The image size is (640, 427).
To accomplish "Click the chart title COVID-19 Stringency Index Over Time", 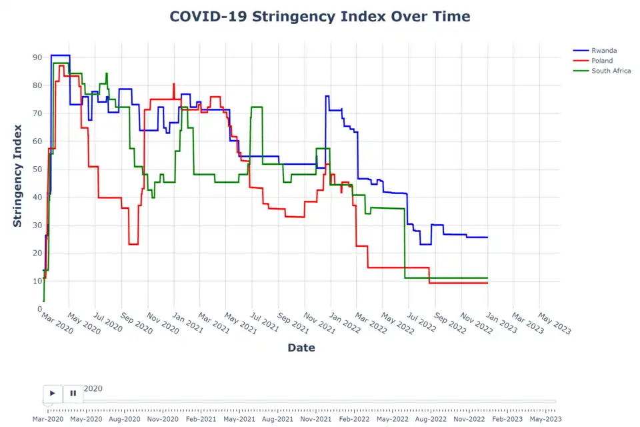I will pos(319,17).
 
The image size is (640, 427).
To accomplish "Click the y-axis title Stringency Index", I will pos(18,176).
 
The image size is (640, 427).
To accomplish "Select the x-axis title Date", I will pos(301,348).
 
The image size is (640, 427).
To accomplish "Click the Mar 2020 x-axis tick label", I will pos(56,325).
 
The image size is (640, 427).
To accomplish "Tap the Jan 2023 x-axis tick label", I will pos(500,325).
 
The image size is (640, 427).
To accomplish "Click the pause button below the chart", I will pos(73,394).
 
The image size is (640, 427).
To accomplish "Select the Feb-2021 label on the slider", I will pos(201,419).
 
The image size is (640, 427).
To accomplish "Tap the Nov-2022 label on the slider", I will pos(469,419).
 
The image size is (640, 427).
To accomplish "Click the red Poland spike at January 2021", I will pos(174,84).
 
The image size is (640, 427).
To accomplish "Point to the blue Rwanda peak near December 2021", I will pos(327,96).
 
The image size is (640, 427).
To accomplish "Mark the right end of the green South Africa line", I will pos(487,278).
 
